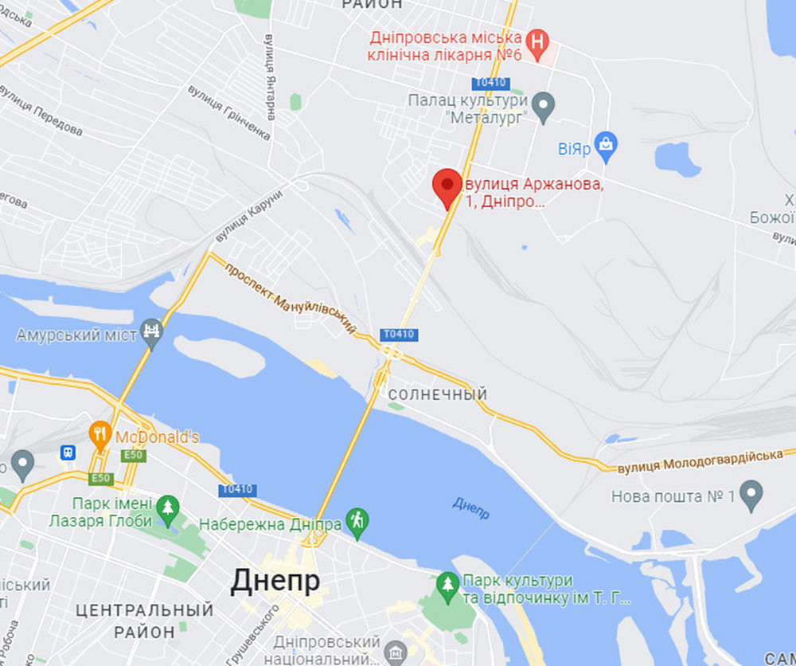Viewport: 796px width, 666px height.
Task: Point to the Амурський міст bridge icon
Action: (x=151, y=331)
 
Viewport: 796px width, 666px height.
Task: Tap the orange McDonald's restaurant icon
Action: (x=99, y=435)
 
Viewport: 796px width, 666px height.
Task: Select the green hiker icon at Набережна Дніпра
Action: (x=358, y=522)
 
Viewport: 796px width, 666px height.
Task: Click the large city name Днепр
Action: (x=275, y=582)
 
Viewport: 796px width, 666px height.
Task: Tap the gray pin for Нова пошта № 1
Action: (x=751, y=495)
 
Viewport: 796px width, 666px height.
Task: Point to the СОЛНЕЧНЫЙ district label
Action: (x=437, y=395)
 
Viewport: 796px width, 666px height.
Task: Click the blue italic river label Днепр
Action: (x=471, y=509)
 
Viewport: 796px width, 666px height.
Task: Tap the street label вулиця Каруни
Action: (x=249, y=217)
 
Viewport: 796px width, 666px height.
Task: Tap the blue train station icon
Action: (x=68, y=452)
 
